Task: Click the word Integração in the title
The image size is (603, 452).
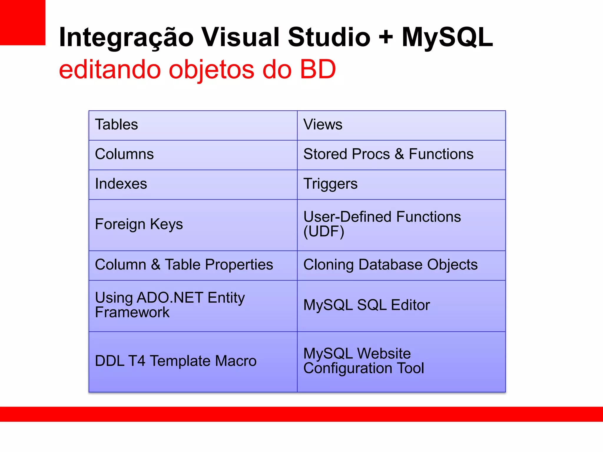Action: tap(126, 38)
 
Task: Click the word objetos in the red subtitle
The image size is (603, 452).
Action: tap(212, 70)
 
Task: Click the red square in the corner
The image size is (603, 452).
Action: tap(22, 22)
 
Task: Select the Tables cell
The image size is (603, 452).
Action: tap(117, 124)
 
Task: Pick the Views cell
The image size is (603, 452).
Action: tap(323, 124)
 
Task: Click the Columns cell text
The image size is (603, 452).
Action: tap(124, 154)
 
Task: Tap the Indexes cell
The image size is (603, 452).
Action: tap(121, 184)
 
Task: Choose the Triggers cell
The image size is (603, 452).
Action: tap(330, 184)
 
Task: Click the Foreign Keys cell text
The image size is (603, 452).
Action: tap(139, 224)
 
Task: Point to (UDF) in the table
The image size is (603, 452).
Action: tap(324, 232)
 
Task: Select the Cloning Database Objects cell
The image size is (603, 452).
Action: tap(390, 265)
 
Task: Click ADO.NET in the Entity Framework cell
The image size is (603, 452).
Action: tap(170, 298)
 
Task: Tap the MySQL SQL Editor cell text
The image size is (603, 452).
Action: tap(367, 305)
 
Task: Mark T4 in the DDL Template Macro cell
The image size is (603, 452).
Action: tap(137, 361)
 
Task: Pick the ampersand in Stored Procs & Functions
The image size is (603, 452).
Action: tap(399, 154)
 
